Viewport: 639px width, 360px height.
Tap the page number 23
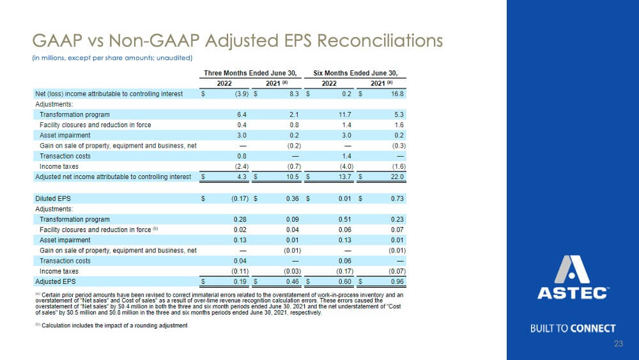coord(619,343)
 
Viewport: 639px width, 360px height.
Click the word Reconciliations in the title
coord(380,41)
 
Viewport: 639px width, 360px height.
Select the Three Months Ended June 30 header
coord(250,73)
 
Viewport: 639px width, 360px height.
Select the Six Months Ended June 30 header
coord(355,73)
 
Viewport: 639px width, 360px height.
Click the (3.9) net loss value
coord(242,94)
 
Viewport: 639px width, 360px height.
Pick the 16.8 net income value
coord(397,94)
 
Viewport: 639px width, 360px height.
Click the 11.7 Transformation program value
coord(345,114)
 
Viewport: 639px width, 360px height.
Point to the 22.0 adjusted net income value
coord(397,176)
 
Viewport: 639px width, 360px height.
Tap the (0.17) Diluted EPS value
coord(240,199)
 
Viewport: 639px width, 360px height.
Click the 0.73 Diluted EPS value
coord(397,199)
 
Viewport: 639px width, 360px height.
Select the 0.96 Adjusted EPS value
coord(397,281)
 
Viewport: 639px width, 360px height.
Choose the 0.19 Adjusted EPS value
coord(240,281)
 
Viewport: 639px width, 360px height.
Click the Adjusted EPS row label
coord(56,281)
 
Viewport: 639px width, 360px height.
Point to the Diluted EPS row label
coord(53,199)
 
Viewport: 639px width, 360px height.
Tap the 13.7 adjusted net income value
coord(345,176)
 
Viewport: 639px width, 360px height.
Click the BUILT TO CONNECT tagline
coord(573,329)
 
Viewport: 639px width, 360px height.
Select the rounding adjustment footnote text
coord(111,325)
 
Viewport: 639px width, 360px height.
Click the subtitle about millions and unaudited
coord(112,58)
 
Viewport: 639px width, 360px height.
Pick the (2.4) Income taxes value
coord(242,166)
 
